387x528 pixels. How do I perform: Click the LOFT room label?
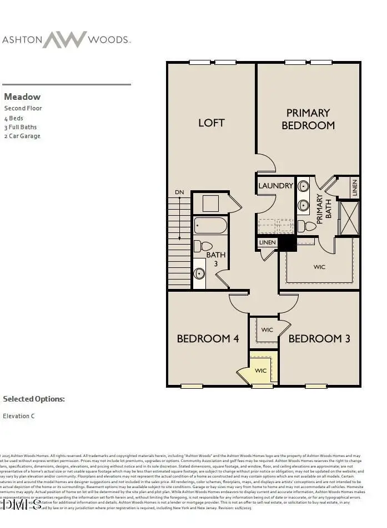pos(211,123)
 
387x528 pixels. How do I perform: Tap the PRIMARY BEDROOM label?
pos(308,119)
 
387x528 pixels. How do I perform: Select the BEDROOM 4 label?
pos(208,338)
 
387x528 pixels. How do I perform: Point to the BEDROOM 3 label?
pos(319,338)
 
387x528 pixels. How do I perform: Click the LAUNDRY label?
pos(275,186)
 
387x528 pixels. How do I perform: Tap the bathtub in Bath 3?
pos(210,225)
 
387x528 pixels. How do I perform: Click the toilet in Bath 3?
pos(203,246)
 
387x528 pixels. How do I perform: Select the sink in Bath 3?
pos(199,273)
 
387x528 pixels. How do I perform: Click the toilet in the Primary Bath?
pos(306,226)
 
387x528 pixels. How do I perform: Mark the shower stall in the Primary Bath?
pos(349,218)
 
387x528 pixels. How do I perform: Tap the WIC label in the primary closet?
pos(319,267)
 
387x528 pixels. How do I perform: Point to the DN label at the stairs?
pos(179,192)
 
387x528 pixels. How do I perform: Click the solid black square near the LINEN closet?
pos(287,243)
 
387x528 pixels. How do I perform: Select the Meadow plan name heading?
pos(22,97)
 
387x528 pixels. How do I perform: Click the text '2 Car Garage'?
pos(22,136)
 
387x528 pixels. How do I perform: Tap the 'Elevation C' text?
pos(19,415)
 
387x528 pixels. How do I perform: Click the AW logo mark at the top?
pos(65,39)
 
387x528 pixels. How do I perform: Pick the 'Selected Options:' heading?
pos(34,399)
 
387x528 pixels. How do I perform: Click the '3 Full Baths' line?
pos(21,127)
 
